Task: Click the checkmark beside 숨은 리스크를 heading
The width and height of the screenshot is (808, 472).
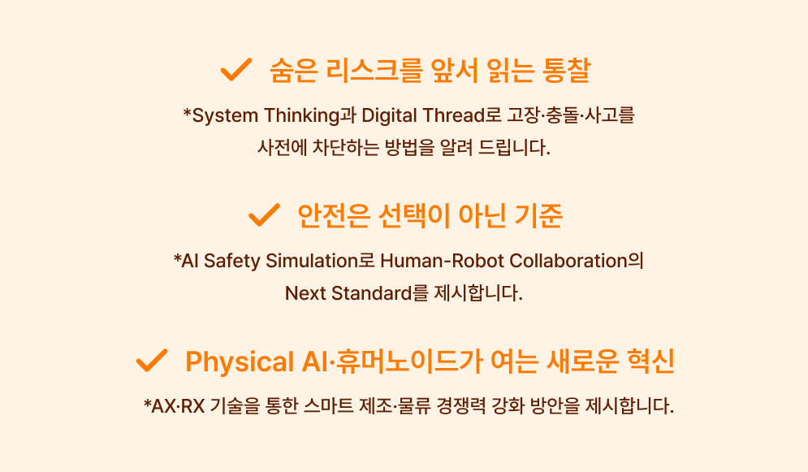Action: [x=236, y=70]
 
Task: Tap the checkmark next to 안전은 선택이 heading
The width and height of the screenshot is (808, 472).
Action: [x=264, y=214]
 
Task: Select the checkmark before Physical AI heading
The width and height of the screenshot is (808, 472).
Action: [x=152, y=360]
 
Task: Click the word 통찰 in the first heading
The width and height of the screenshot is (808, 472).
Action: [x=566, y=70]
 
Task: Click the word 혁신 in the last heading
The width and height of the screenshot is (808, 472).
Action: [x=650, y=361]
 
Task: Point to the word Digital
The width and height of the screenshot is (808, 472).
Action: [x=389, y=115]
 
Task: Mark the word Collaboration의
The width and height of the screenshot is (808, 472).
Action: [x=577, y=261]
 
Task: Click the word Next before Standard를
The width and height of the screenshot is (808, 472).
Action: [x=305, y=293]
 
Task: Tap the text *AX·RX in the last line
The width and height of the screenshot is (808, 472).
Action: [x=174, y=406]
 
